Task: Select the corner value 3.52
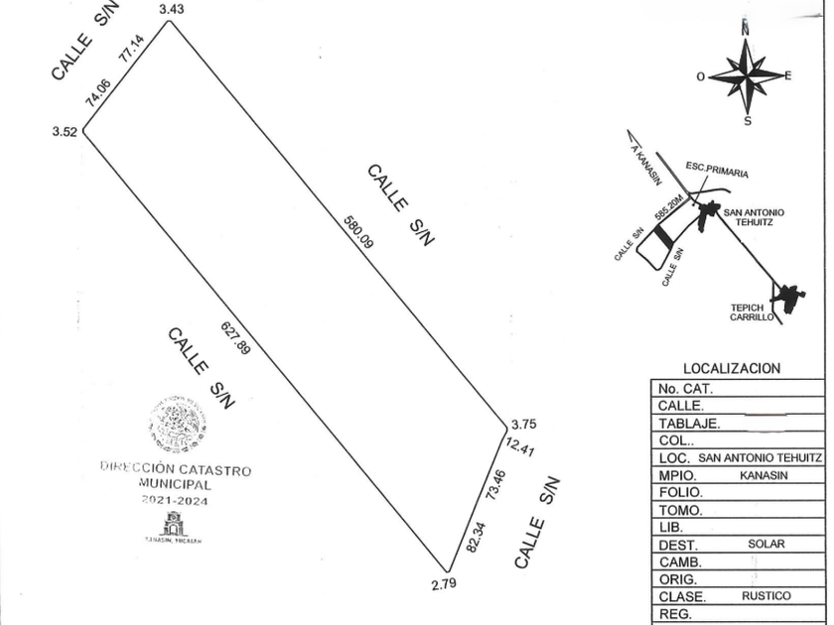pyautogui.click(x=65, y=130)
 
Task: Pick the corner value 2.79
pyautogui.click(x=444, y=584)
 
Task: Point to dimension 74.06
pyautogui.click(x=97, y=91)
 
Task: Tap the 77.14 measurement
pyautogui.click(x=131, y=50)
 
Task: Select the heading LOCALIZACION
pyautogui.click(x=732, y=369)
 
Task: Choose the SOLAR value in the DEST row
pyautogui.click(x=766, y=545)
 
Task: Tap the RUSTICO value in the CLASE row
pyautogui.click(x=765, y=596)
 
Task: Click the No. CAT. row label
pyautogui.click(x=685, y=389)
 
